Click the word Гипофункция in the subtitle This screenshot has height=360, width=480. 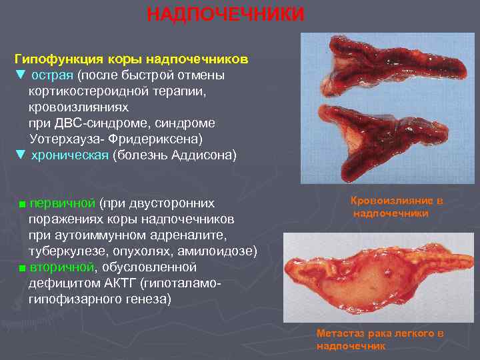click(55, 59)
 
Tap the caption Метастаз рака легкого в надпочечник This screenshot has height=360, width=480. click(380, 339)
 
